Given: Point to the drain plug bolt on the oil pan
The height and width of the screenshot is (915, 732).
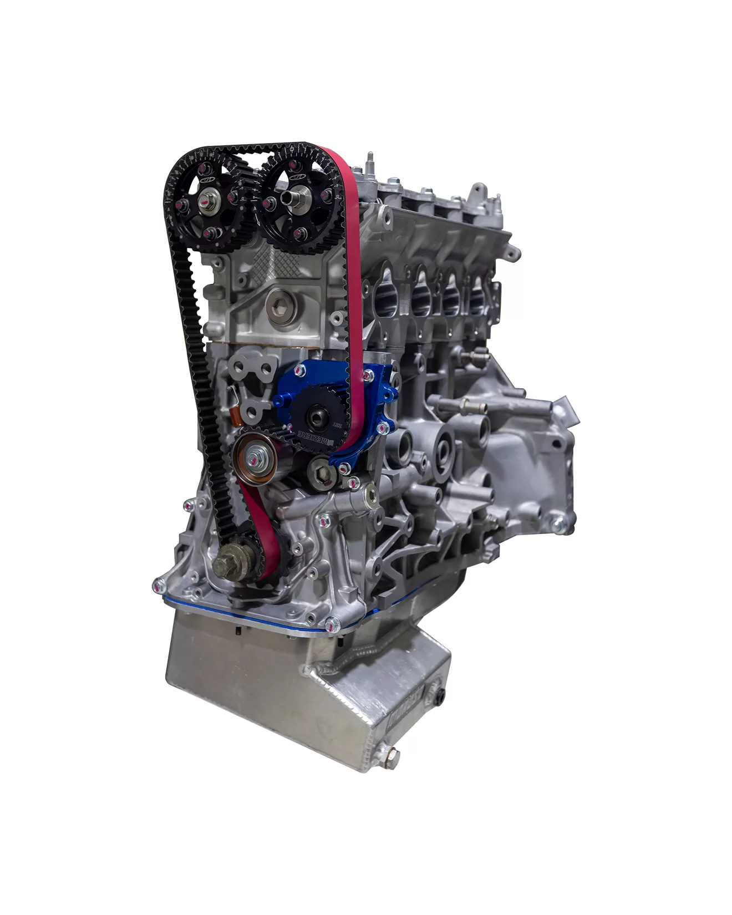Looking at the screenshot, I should [x=393, y=755].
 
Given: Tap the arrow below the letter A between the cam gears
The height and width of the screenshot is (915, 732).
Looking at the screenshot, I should [x=252, y=210].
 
